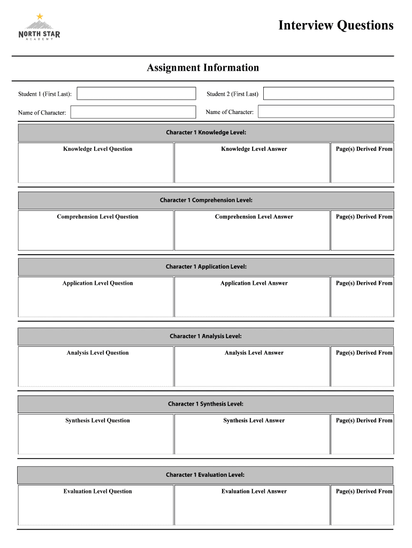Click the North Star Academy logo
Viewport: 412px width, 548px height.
coord(40,29)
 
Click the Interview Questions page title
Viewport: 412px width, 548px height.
coord(335,25)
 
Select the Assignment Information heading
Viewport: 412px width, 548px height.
coord(203,68)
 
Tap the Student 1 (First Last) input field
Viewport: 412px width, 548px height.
coord(136,94)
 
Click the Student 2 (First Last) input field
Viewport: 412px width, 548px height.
coord(329,94)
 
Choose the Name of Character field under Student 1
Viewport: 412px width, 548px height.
coord(133,112)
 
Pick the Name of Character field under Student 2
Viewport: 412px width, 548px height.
coord(326,112)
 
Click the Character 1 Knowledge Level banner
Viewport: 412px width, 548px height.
coord(206,133)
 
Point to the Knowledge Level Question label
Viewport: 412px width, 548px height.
coord(97,149)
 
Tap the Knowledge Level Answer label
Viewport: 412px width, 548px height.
coord(254,149)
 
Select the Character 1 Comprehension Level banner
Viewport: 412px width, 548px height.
coord(206,200)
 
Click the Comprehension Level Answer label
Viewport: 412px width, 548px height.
coord(254,217)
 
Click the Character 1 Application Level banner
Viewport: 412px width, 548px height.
coord(206,267)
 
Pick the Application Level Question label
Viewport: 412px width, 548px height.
coord(97,283)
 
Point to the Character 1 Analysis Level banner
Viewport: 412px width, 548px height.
coord(206,336)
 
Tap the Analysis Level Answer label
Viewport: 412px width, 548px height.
coord(254,353)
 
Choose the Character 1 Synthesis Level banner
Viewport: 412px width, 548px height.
coord(206,404)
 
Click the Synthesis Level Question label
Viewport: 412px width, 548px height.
coord(97,421)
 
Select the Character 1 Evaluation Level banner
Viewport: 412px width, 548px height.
coord(205,475)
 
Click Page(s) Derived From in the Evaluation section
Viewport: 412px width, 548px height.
coord(364,491)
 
